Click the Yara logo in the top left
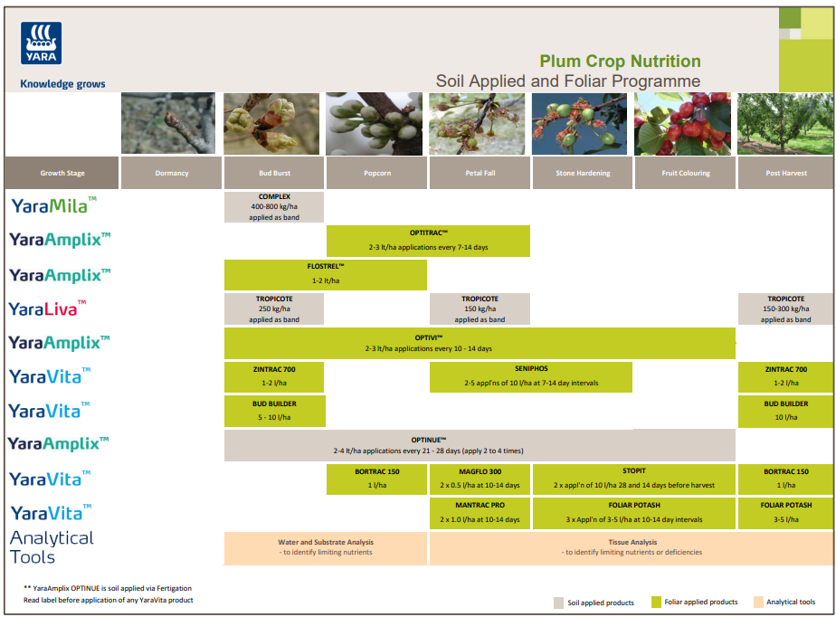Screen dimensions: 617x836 click(41, 43)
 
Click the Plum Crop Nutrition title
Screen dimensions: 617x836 click(620, 62)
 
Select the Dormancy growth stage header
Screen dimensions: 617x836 click(172, 173)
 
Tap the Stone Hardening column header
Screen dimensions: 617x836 click(582, 173)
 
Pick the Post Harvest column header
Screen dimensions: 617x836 click(785, 173)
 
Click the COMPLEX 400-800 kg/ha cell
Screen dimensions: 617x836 click(274, 207)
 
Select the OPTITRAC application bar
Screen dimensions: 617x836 click(428, 241)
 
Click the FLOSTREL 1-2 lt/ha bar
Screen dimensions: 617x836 click(325, 274)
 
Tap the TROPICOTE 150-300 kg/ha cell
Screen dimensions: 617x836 click(785, 308)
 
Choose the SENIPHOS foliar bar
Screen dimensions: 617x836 click(531, 376)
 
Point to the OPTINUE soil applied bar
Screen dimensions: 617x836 click(480, 444)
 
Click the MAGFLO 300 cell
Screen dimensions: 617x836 click(480, 479)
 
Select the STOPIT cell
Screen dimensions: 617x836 click(634, 479)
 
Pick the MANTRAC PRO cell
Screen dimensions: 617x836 click(480, 512)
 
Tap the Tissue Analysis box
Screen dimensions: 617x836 click(632, 547)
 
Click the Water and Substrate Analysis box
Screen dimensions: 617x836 click(326, 547)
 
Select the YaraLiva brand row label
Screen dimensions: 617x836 click(48, 308)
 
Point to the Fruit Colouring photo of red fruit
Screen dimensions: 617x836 click(685, 124)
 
